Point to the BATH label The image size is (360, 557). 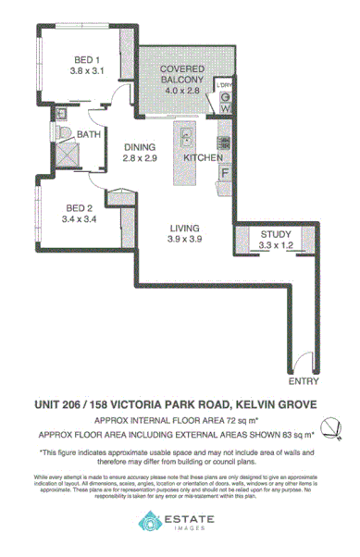click(89, 135)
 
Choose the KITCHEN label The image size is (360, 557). click(203, 158)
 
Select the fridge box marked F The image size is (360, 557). click(225, 173)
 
